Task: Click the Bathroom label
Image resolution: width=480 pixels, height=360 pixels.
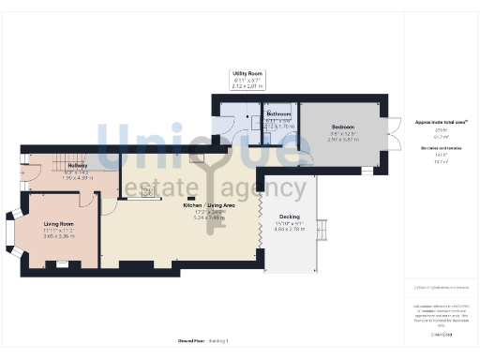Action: tap(278, 113)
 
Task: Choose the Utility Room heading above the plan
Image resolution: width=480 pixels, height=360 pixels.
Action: tap(248, 73)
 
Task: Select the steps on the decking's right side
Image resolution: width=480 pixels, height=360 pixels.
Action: tap(324, 230)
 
